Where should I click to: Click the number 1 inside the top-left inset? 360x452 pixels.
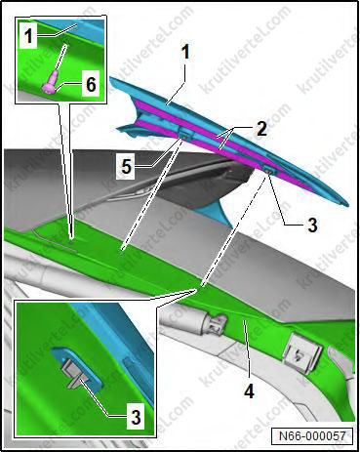tap(29, 36)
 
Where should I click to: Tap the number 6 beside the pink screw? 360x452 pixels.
tap(91, 84)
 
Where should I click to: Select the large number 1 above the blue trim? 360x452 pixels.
tap(185, 52)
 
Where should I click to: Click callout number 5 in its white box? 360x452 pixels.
tap(126, 167)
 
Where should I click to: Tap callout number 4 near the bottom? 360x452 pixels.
tap(249, 391)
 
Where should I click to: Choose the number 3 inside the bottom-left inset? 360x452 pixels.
tap(136, 417)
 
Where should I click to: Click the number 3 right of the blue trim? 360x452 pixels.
tap(312, 225)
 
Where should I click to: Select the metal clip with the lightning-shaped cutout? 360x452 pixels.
tap(302, 355)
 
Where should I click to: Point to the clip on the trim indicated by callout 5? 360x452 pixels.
tap(185, 134)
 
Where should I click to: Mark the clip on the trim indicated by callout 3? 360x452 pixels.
tap(268, 169)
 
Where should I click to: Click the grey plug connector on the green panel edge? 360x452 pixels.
tap(216, 321)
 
